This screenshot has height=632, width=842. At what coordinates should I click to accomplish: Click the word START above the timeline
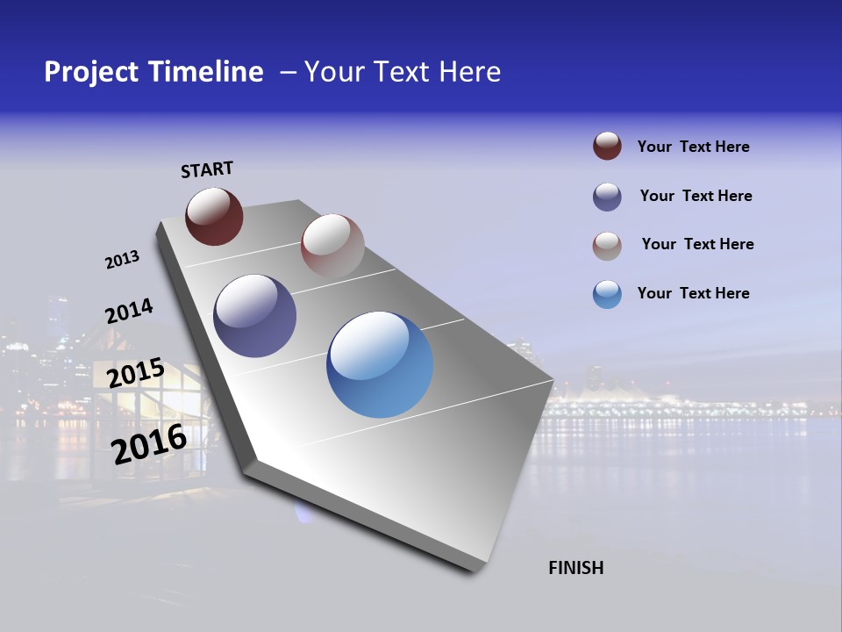[207, 169]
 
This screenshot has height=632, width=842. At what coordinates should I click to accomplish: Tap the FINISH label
[575, 568]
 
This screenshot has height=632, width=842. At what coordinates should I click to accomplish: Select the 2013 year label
[122, 260]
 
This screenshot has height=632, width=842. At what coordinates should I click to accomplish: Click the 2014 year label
[129, 312]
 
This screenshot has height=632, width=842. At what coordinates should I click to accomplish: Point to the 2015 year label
[135, 373]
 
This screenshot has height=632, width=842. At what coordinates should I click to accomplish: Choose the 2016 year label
[149, 444]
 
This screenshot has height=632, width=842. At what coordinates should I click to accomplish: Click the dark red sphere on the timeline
[214, 217]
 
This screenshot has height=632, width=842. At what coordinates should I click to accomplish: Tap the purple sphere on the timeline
[255, 316]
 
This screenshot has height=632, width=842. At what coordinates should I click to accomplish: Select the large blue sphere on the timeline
[380, 364]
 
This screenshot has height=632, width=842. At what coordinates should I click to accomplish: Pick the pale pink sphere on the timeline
[332, 245]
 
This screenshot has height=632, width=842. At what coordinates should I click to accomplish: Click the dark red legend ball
[607, 147]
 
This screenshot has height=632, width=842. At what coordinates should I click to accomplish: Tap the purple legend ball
[607, 197]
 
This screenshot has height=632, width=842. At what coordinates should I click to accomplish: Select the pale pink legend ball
[607, 246]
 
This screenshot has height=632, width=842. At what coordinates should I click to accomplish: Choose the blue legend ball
[607, 294]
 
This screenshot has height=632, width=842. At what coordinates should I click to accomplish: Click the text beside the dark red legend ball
[693, 147]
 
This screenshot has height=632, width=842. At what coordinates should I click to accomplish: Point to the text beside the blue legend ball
[693, 293]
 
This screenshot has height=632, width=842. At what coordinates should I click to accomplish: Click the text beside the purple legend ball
[696, 196]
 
